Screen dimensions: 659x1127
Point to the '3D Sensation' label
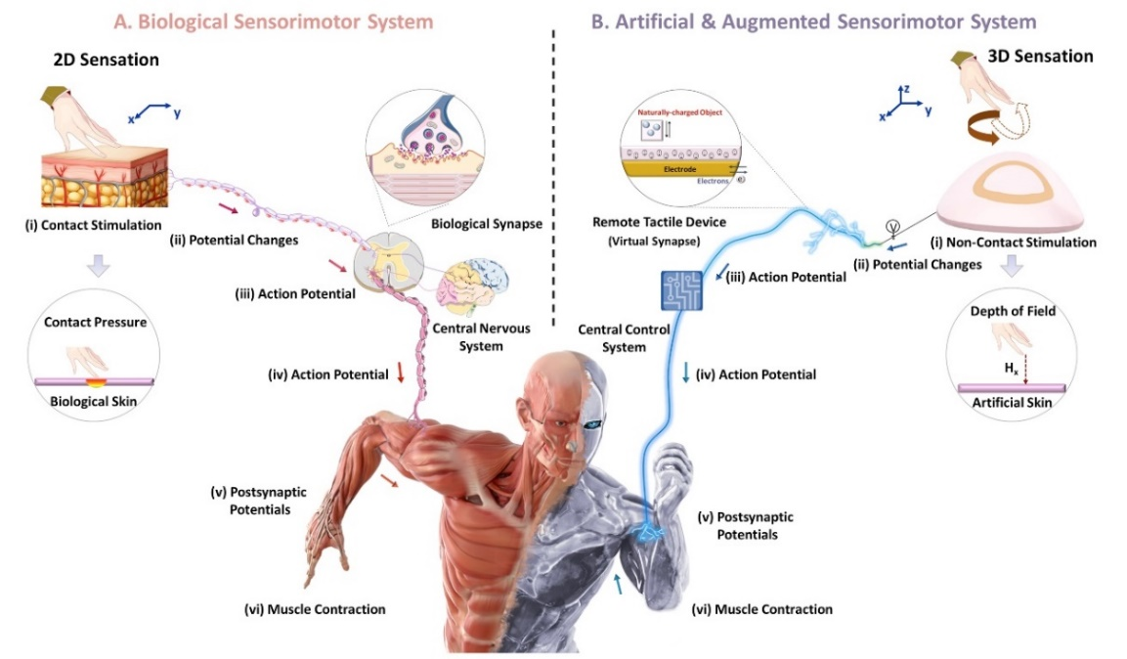coord(1041,56)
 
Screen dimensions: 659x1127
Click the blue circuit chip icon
coord(680,291)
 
